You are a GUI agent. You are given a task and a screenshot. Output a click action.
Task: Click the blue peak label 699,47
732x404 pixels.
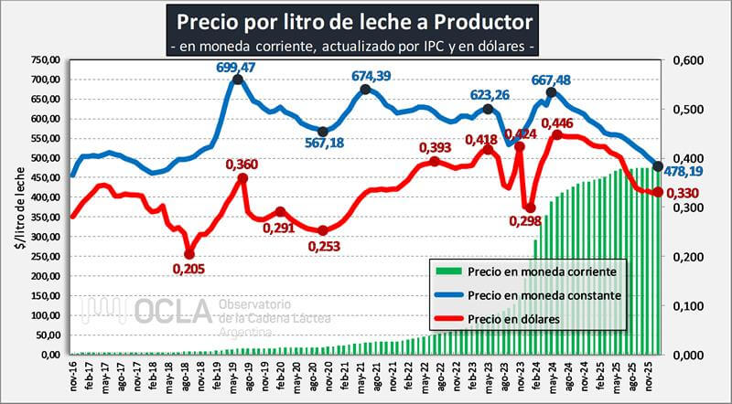(237, 68)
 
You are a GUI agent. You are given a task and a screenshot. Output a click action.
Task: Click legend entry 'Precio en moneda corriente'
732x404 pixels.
(546, 271)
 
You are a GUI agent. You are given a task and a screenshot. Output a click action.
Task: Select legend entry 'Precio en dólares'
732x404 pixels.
(512, 319)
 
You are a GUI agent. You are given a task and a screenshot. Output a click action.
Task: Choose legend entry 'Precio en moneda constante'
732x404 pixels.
(544, 295)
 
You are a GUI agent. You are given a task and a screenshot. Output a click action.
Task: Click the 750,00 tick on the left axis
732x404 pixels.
(45, 59)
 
